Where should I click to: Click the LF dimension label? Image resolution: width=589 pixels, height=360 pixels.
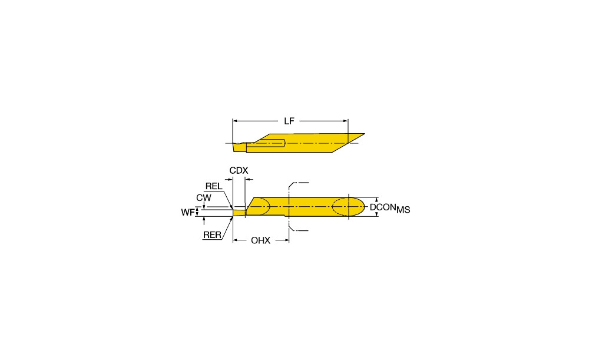tap(289, 121)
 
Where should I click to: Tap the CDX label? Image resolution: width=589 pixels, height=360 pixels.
tap(239, 171)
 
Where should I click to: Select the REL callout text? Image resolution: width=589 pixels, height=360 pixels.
tap(214, 186)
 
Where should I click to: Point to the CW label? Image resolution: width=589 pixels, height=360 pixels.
tap(204, 197)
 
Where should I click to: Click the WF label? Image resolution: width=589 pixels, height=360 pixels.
tap(188, 212)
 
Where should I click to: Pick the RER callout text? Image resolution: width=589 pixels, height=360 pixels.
tap(212, 235)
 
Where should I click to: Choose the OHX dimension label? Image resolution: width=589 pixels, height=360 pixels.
tap(261, 240)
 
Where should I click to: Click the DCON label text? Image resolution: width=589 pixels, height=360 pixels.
tap(383, 207)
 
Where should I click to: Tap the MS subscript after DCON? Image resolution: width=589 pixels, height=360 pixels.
tap(403, 210)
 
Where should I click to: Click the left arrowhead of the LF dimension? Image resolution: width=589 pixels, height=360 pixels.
tap(235, 121)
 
